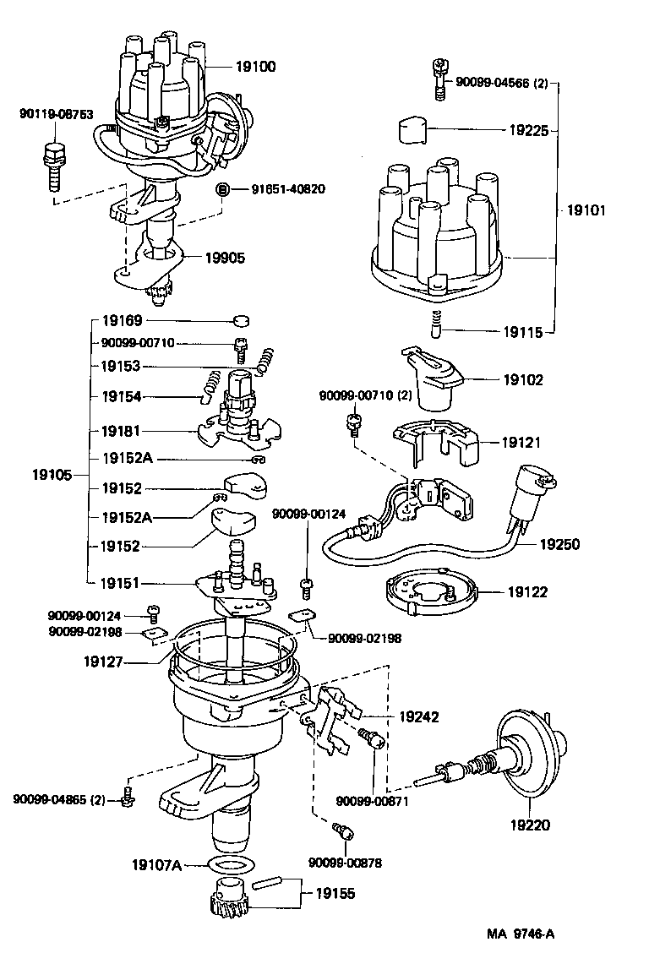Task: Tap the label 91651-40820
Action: click(x=287, y=188)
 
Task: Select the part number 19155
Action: click(x=335, y=892)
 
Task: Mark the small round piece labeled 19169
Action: click(x=243, y=321)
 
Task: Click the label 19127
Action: click(x=106, y=662)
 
